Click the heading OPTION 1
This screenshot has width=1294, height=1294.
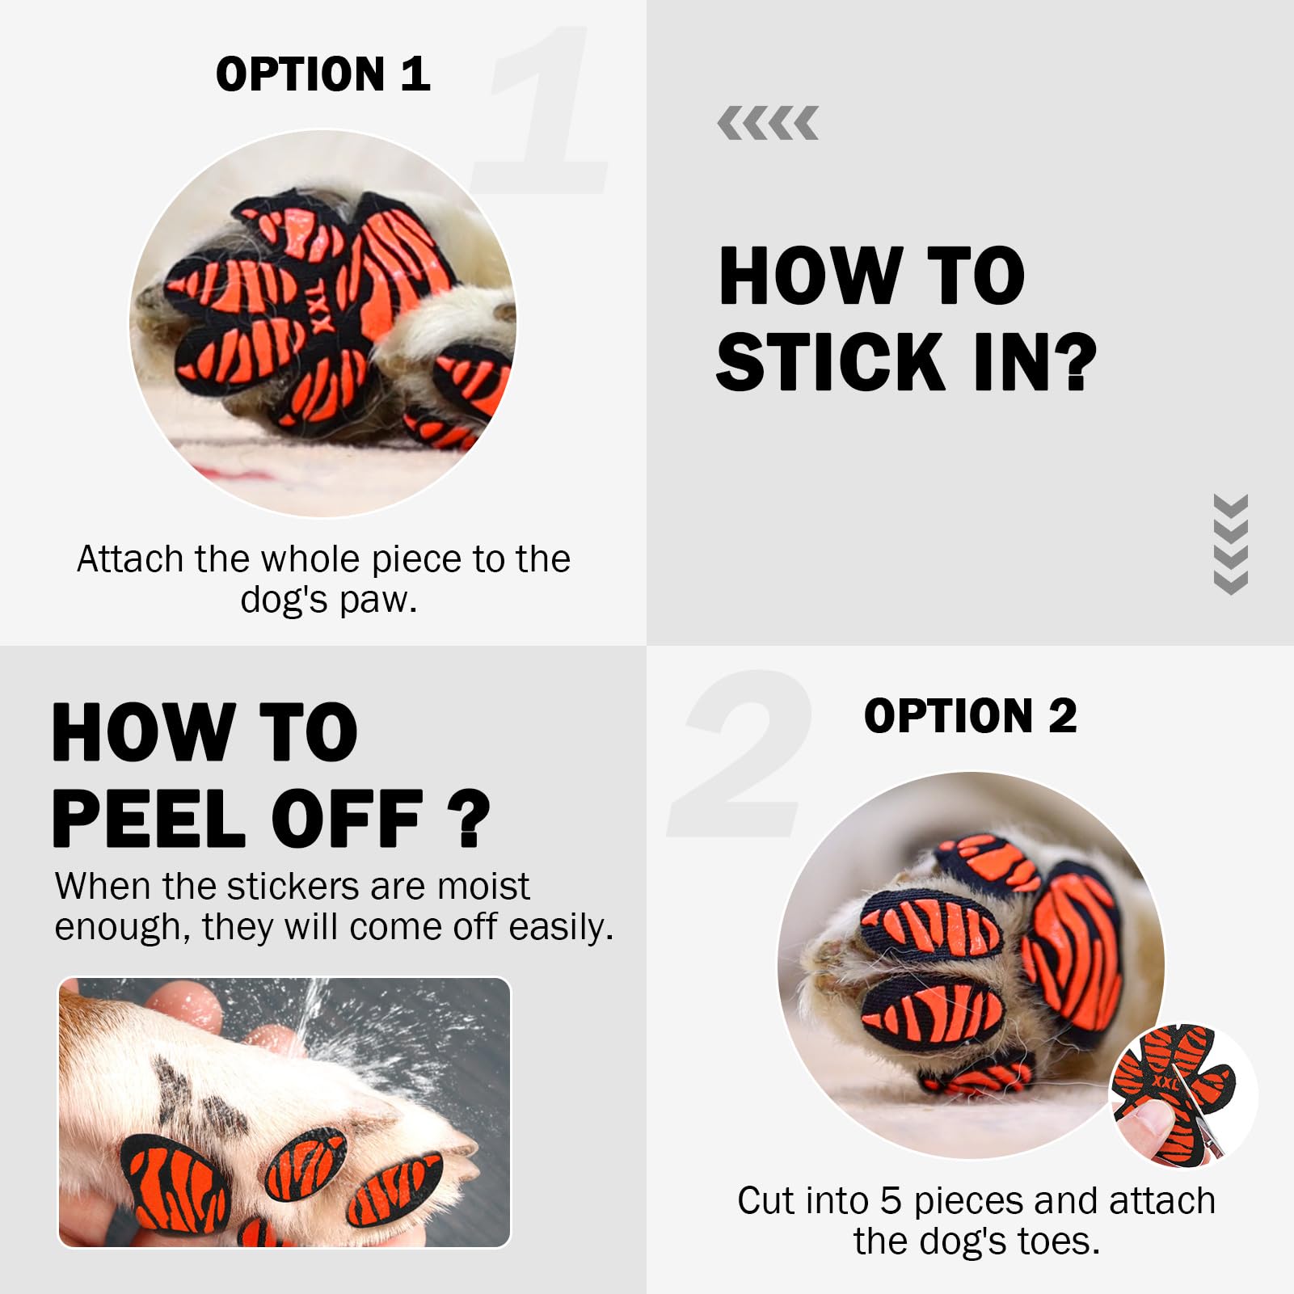322,74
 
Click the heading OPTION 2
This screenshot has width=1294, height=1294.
970,716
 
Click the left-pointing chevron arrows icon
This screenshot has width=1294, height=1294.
768,123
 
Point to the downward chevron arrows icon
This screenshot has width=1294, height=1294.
1231,544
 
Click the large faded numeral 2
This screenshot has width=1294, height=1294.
740,753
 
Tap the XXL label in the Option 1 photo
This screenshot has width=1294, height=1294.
321,309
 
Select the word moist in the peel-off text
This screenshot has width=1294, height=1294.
483,887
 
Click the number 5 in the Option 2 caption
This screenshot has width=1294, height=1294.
891,1201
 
